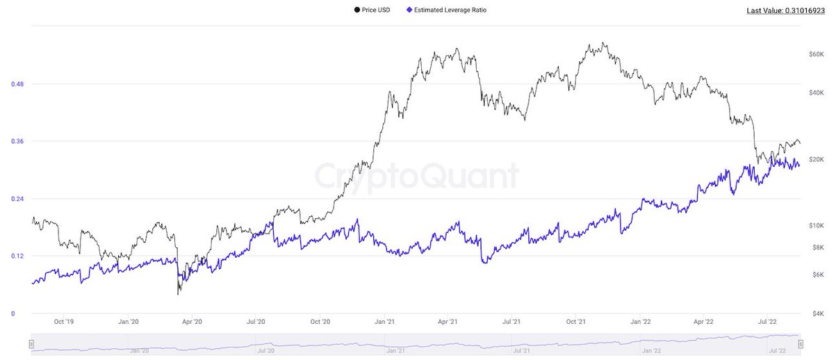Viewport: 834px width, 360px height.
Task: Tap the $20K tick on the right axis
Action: pyautogui.click(x=817, y=159)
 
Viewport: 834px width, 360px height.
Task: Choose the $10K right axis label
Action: pyautogui.click(x=817, y=226)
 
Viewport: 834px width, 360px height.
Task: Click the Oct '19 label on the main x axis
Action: pyautogui.click(x=64, y=322)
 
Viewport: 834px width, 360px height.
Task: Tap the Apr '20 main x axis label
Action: pyautogui.click(x=192, y=322)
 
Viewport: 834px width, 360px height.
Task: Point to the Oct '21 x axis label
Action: pyautogui.click(x=576, y=322)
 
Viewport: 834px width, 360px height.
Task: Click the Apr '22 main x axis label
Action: pyautogui.click(x=704, y=322)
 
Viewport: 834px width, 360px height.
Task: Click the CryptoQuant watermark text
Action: pyautogui.click(x=416, y=176)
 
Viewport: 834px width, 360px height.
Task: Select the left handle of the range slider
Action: pyautogui.click(x=31, y=344)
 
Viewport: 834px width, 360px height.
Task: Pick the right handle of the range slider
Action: pyautogui.click(x=801, y=344)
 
